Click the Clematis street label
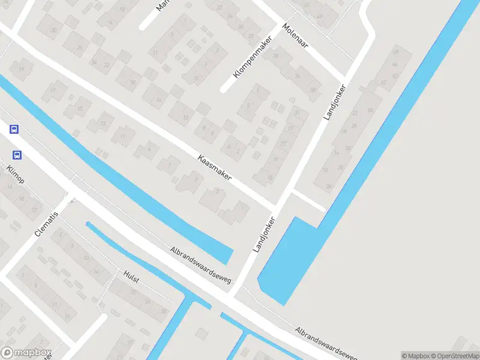tap(48, 223)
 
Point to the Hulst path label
tap(131, 277)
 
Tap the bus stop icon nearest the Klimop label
tap(17, 155)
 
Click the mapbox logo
tap(26, 353)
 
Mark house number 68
tap(395, 52)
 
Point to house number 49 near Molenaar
tap(319, 17)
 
